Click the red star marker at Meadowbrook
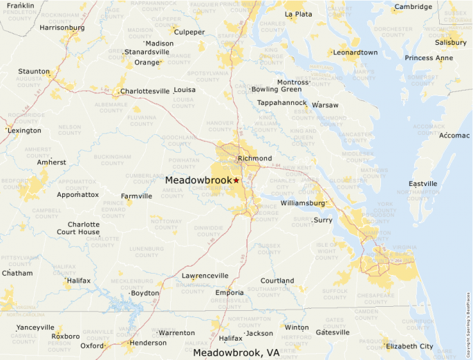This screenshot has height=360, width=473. point(236,180)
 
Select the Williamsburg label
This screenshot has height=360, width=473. point(303,203)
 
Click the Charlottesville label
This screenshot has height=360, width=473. point(145,91)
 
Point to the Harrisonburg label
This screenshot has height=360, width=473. point(62,28)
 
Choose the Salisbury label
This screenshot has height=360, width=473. point(450,42)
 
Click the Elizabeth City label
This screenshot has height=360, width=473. point(409,346)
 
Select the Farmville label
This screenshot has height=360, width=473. point(136,196)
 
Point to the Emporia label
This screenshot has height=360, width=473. point(229,292)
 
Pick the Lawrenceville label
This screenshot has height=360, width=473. point(205,275)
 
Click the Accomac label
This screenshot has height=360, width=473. point(454,135)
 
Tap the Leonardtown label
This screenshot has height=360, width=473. point(355,52)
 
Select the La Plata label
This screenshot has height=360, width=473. point(298,14)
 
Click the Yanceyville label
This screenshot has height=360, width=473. point(35,327)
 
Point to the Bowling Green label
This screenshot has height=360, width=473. point(277,89)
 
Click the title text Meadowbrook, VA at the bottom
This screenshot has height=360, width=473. point(236,352)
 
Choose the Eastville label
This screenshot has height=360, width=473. point(423,183)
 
